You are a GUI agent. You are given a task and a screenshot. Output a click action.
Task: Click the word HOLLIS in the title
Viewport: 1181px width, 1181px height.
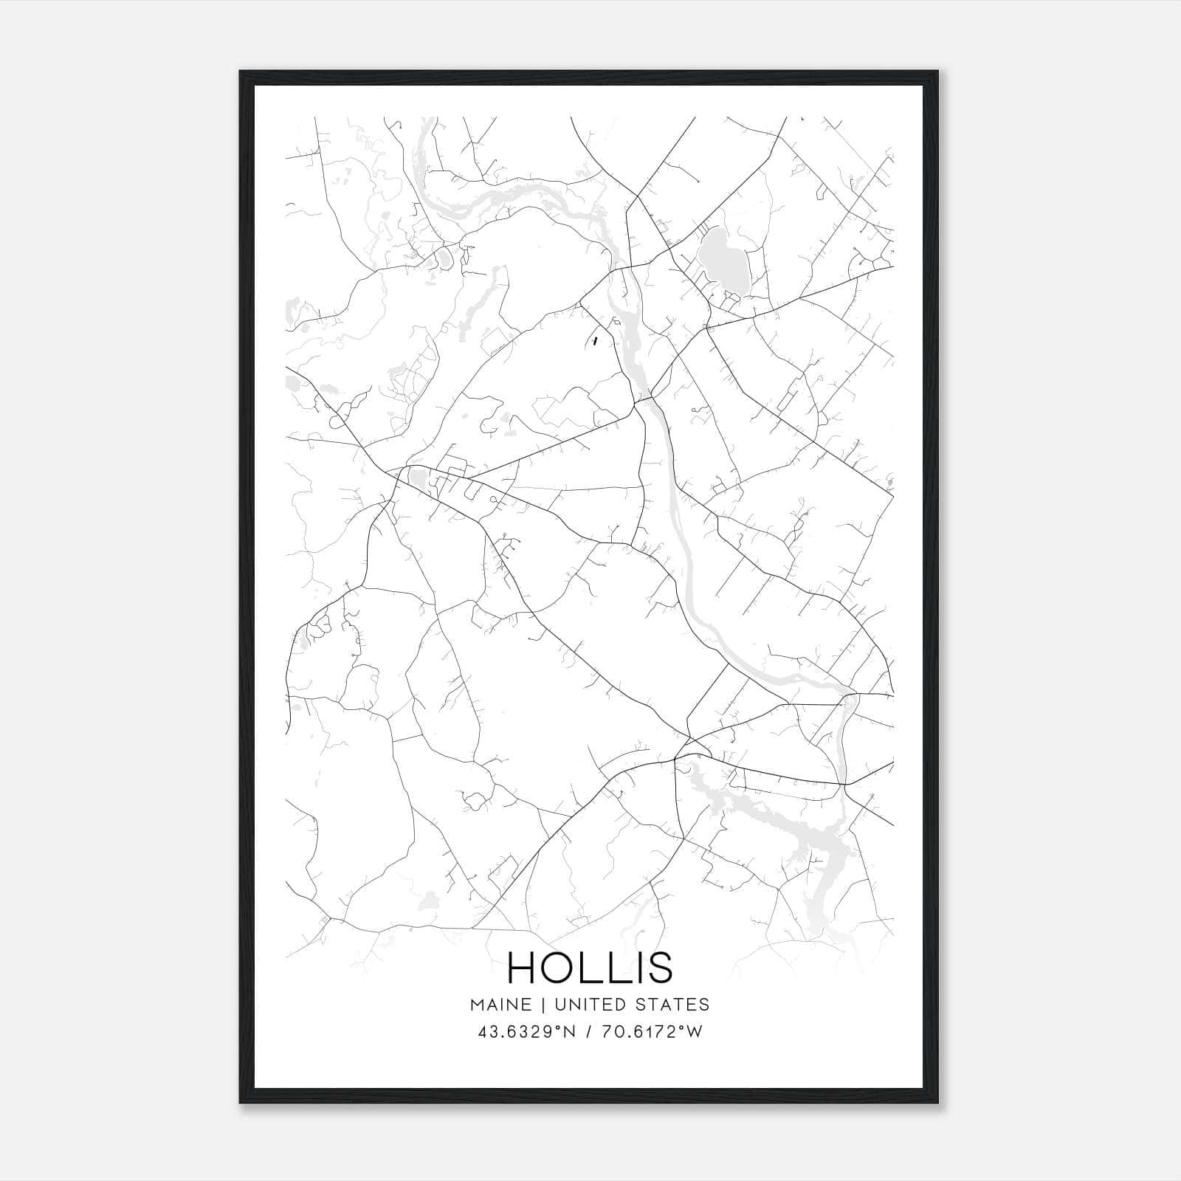pyautogui.click(x=590, y=968)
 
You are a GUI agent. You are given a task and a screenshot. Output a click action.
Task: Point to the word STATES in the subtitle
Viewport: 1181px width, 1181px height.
pyautogui.click(x=673, y=1005)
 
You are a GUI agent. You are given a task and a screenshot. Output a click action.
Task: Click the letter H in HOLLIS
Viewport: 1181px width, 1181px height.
pyautogui.click(x=522, y=968)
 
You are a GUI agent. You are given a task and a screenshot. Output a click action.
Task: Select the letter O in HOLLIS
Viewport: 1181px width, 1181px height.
pyautogui.click(x=562, y=968)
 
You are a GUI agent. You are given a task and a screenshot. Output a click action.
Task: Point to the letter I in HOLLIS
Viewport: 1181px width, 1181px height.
pyautogui.click(x=637, y=968)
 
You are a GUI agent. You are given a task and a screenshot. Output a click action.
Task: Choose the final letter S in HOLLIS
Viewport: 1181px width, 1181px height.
pyautogui.click(x=659, y=968)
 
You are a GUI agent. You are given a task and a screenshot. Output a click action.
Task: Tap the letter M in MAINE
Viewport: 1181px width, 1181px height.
pyautogui.click(x=476, y=1005)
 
